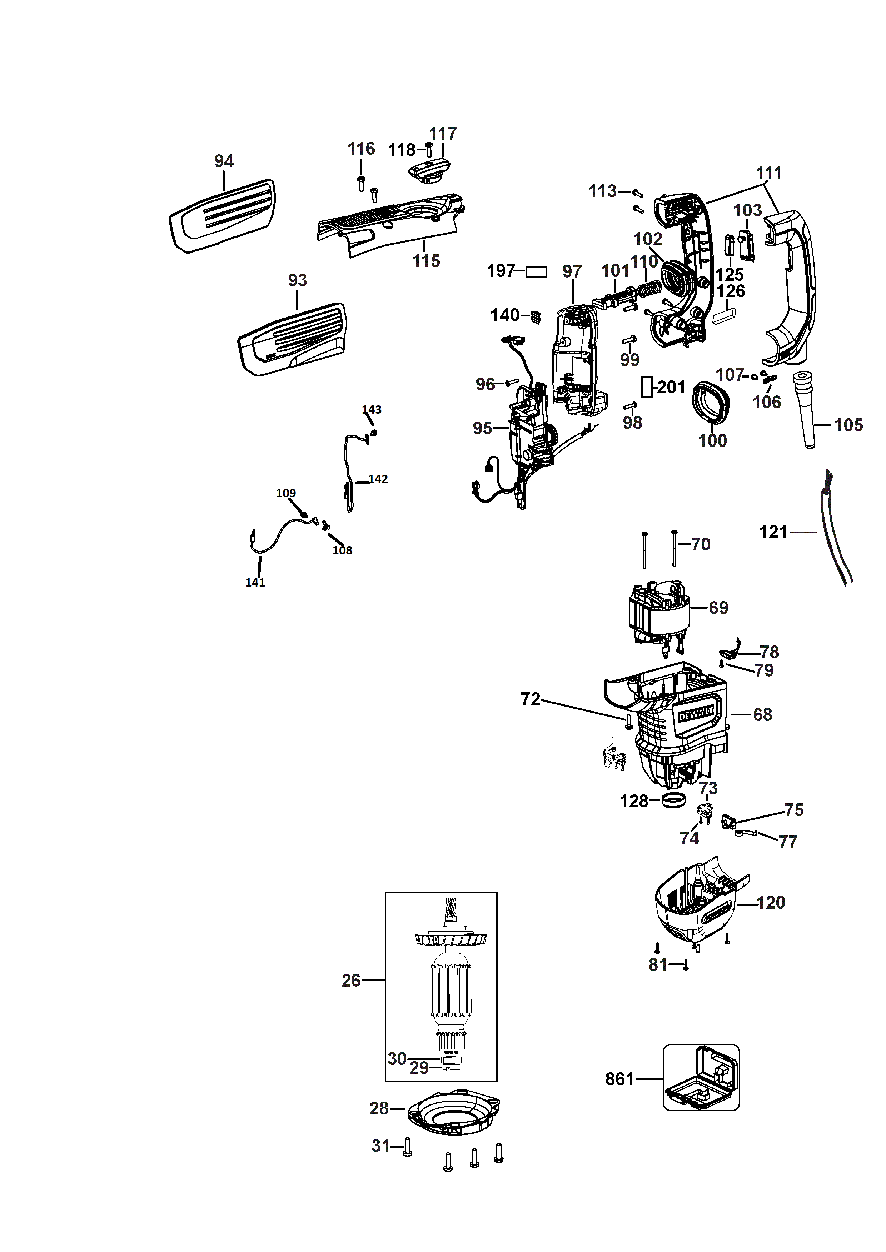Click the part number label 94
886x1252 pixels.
pyautogui.click(x=224, y=161)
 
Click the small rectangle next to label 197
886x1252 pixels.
pyautogui.click(x=536, y=271)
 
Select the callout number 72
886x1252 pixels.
pyautogui.click(x=530, y=699)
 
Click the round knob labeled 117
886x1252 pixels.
pyautogui.click(x=429, y=171)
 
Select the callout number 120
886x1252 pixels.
pyautogui.click(x=771, y=902)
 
